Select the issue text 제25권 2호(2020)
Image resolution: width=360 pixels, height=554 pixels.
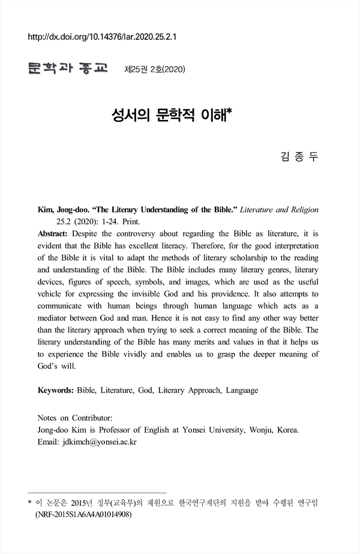pyautogui.click(x=154, y=70)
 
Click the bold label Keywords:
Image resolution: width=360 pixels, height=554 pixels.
pyautogui.click(x=56, y=390)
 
